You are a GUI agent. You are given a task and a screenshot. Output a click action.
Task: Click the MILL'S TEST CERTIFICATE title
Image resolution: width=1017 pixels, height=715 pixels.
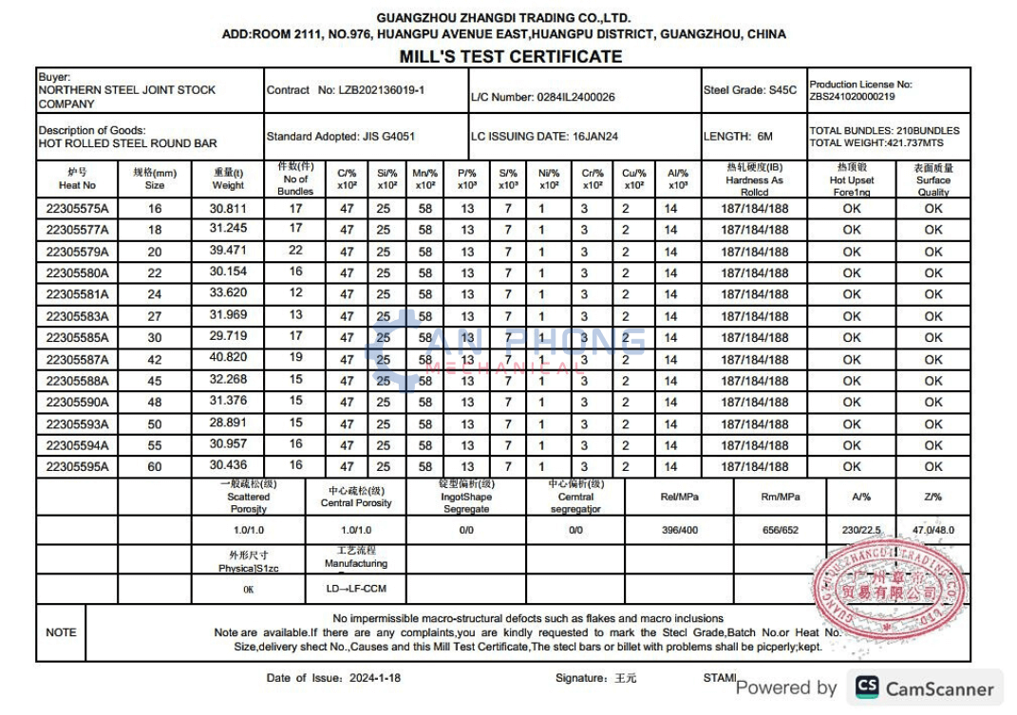coord(510,56)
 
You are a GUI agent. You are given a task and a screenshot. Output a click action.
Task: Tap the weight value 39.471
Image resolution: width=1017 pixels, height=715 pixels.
coord(228,252)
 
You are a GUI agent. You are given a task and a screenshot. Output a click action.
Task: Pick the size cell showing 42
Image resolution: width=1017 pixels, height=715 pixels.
coord(155,360)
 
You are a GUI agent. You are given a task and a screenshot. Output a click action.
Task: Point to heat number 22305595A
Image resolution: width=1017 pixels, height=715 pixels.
coord(77,466)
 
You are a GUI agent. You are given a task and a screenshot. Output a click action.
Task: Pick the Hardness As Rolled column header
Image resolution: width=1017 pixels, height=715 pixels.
coord(754,179)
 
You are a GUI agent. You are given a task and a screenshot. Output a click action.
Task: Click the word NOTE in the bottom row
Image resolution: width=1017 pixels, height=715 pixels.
coord(61,632)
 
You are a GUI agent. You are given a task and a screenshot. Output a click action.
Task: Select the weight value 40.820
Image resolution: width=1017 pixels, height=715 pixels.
coord(228,359)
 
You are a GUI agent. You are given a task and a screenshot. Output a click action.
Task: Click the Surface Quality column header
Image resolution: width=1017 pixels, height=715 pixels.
coord(933,179)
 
